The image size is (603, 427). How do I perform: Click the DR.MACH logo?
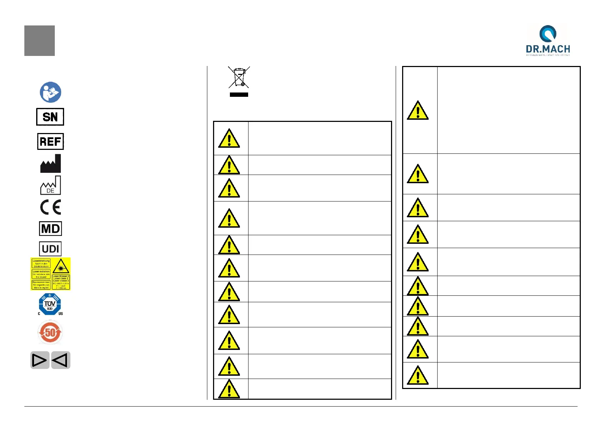click(x=547, y=40)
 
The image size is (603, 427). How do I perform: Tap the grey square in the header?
click(x=39, y=41)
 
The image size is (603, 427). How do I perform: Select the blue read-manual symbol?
click(x=50, y=92)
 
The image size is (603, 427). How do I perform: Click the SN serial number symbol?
click(x=50, y=117)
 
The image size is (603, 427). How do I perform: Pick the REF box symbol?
click(x=50, y=141)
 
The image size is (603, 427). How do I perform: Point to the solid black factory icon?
click(x=50, y=164)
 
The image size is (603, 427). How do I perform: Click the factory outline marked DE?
click(x=50, y=185)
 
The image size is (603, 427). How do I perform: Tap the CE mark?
click(x=50, y=207)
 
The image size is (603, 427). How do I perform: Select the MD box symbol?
click(x=50, y=228)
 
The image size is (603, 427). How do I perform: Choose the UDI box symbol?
click(x=50, y=249)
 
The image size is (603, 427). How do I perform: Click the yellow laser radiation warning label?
click(x=50, y=274)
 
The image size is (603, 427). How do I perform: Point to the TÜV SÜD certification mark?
click(x=50, y=304)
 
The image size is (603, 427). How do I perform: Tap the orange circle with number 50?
click(x=50, y=332)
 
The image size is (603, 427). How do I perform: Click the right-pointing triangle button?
click(x=40, y=360)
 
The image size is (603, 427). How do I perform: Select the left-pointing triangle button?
click(x=61, y=360)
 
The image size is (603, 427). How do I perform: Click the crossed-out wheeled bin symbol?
click(x=239, y=77)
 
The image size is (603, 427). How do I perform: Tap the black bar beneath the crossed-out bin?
click(x=239, y=95)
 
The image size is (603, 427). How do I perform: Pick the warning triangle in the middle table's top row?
click(x=229, y=138)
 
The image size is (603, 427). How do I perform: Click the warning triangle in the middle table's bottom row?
click(x=229, y=389)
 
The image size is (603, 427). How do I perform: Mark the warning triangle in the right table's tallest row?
click(x=418, y=110)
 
